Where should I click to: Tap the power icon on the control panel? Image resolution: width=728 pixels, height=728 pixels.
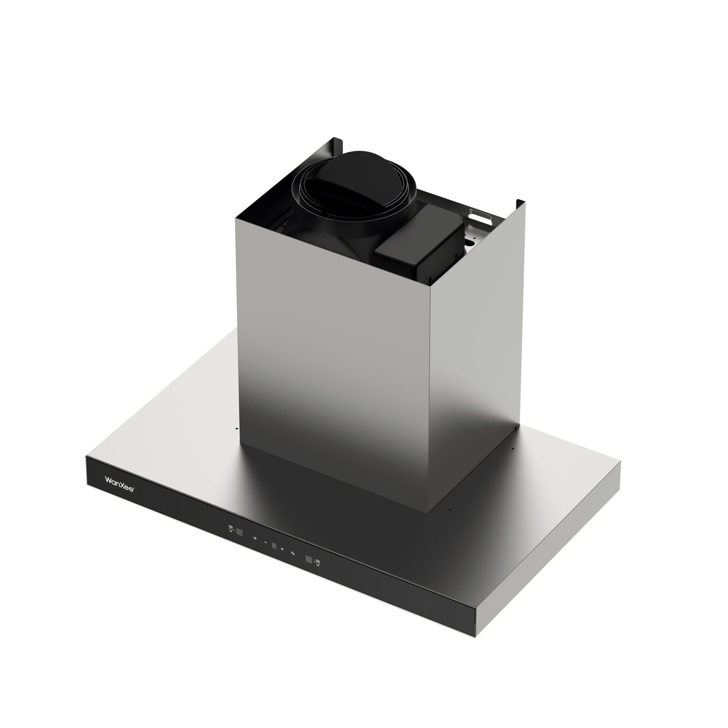coord(255,538)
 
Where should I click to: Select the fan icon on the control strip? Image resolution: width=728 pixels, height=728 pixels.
coord(293,553)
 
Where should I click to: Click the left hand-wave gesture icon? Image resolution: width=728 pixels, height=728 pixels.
coord(230,529)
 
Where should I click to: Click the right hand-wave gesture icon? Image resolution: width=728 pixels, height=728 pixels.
coord(317,562)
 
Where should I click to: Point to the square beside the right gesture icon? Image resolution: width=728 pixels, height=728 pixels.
coord(308,559)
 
